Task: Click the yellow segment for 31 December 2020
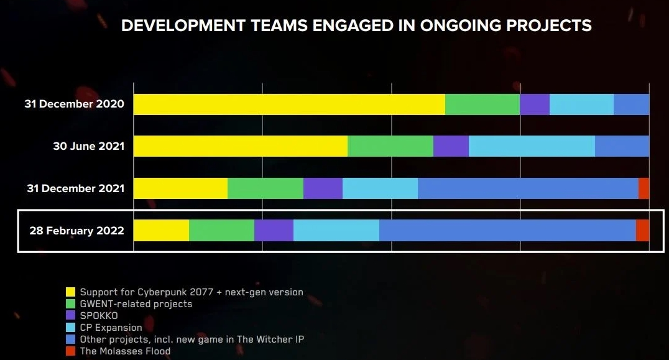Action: click(289, 104)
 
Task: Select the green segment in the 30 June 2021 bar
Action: click(390, 145)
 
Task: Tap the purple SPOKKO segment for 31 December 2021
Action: click(323, 188)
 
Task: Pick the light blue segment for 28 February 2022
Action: click(336, 231)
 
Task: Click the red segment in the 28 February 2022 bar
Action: click(642, 231)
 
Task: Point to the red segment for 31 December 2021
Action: click(644, 188)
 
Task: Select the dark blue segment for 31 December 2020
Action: click(631, 104)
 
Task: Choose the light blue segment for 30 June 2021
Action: click(532, 145)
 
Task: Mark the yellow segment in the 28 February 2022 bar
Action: click(161, 231)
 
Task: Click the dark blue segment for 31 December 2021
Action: click(528, 188)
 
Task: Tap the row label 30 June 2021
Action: click(88, 147)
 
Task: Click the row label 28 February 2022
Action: click(76, 231)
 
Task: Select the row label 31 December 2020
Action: click(74, 104)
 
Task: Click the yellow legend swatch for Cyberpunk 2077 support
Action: click(71, 292)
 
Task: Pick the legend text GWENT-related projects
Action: click(136, 304)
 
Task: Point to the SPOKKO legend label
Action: click(99, 316)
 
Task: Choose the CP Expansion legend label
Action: click(111, 328)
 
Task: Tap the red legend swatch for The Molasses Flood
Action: click(71, 351)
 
